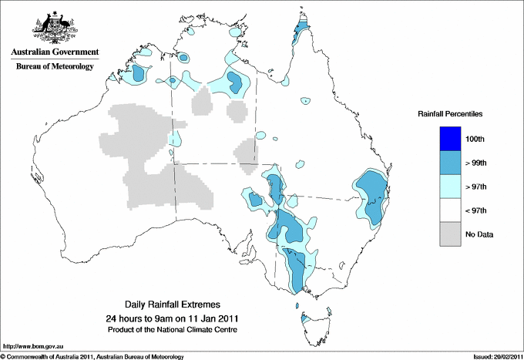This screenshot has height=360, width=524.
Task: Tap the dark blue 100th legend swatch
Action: point(451,139)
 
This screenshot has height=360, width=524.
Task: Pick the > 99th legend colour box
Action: point(451,163)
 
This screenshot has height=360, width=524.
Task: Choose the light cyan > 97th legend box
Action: point(451,187)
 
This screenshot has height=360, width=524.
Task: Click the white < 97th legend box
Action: point(451,210)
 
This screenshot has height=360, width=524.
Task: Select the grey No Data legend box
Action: point(451,234)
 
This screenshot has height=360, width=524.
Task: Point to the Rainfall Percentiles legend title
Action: point(450,114)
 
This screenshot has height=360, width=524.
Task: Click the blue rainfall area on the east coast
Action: point(371,197)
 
